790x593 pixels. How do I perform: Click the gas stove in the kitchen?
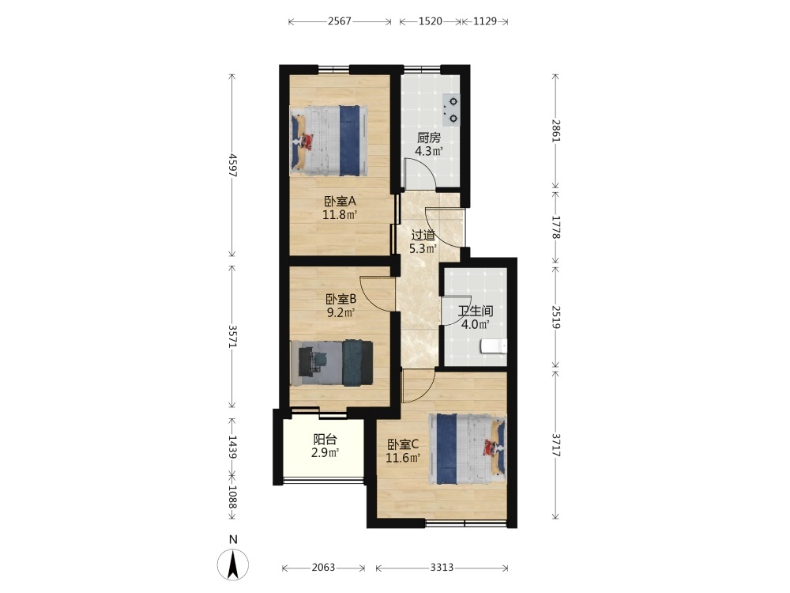(451, 110)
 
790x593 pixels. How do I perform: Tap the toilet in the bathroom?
(493, 346)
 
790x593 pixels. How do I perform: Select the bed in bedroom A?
(329, 141)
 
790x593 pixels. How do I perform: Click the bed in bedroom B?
(332, 363)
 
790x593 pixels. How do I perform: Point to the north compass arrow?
(233, 565)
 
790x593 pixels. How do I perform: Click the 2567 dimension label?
(340, 21)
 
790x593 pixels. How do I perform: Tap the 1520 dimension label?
(431, 21)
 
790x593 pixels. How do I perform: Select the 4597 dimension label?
(232, 165)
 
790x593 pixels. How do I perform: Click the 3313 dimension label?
(442, 568)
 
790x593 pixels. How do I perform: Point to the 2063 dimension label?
(323, 568)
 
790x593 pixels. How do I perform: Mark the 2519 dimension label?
(555, 317)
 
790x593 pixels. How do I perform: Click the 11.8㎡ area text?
(340, 215)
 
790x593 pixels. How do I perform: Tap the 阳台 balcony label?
(325, 439)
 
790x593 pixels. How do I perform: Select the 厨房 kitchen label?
(429, 138)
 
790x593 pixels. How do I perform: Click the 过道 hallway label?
(423, 235)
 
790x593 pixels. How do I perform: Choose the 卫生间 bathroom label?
(475, 311)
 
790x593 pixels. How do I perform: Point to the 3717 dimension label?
(555, 444)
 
